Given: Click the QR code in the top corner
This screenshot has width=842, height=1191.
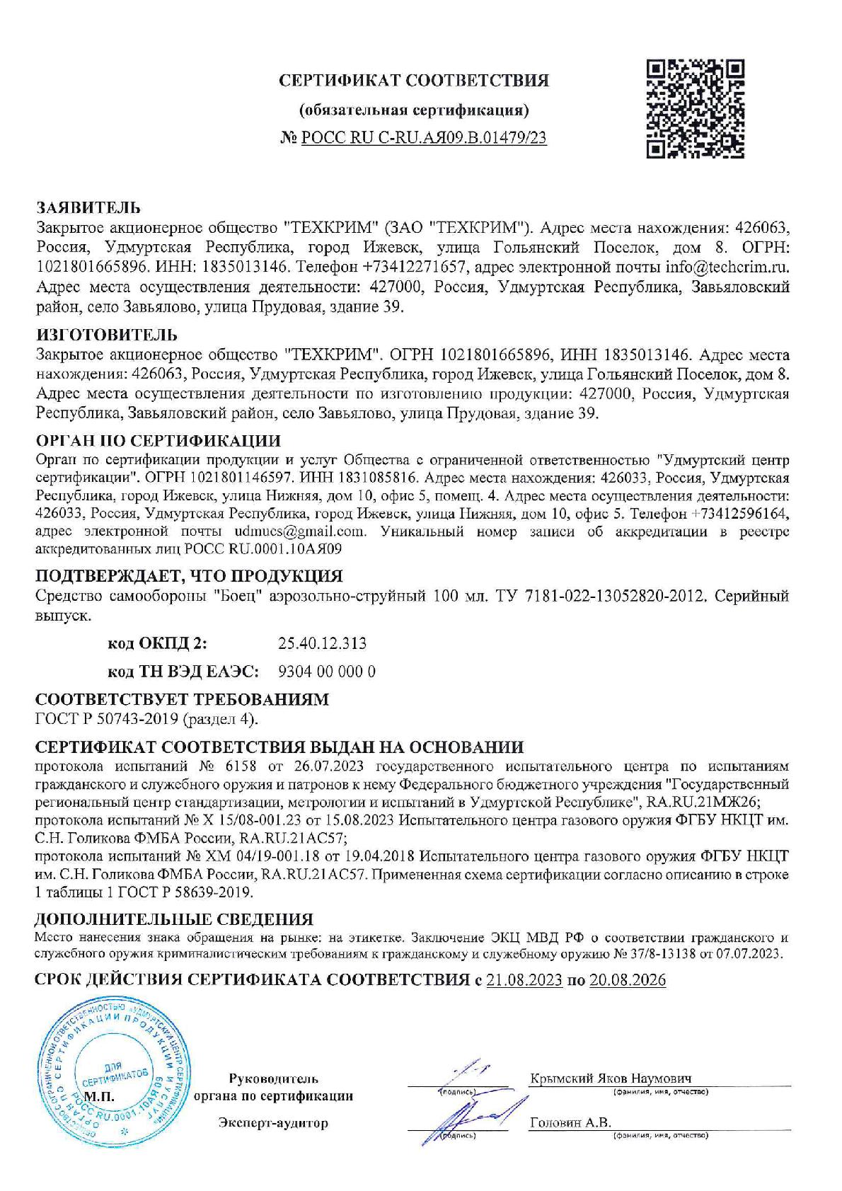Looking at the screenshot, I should [696, 108].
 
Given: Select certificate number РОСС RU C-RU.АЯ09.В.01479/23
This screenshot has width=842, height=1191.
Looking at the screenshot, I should [424, 138].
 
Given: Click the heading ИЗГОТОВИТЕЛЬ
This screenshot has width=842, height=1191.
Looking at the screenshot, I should [106, 334].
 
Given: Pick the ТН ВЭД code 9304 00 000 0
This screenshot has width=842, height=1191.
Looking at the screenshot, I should [328, 671].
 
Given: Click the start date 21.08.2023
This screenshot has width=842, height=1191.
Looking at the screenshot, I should [524, 980].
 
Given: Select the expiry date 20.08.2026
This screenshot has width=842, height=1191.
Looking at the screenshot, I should [628, 980].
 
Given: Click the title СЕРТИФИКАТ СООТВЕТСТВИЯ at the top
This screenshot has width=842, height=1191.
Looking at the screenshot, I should [414, 80].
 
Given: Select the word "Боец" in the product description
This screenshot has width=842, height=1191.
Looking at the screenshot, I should [234, 596].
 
